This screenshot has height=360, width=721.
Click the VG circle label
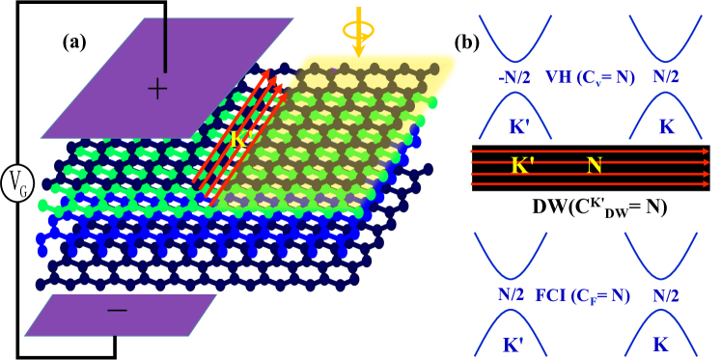tap(17, 181)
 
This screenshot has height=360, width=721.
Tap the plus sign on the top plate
tap(156, 90)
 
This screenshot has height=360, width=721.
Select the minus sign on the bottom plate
tap(117, 310)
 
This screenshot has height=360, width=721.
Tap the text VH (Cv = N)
tap(590, 76)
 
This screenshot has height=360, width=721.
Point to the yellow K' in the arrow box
tap(523, 166)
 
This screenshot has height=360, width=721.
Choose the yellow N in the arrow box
tap(595, 166)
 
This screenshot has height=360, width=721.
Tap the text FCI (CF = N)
tap(582, 295)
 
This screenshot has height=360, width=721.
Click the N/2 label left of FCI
tap(513, 295)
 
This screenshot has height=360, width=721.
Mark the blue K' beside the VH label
tap(519, 126)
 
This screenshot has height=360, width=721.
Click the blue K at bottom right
tap(660, 344)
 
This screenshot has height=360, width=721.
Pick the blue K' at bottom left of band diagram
tap(513, 344)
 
